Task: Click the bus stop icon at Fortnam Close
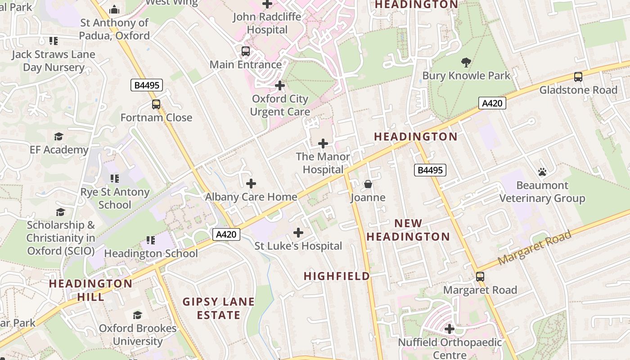coord(156,104)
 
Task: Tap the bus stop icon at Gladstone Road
coord(578,77)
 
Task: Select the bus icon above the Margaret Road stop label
coord(480,277)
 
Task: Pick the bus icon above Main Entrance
coord(246,51)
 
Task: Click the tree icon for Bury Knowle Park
coord(466,63)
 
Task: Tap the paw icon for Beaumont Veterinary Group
coord(542,172)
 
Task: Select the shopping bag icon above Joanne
coord(368,184)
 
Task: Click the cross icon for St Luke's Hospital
coord(298,233)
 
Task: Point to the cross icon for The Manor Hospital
coord(323,144)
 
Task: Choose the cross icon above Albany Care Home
coord(251,184)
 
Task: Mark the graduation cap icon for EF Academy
coord(58,136)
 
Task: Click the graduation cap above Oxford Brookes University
coord(138,315)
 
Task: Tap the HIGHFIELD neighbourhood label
coord(337,276)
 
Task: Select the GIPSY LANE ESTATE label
coord(219,308)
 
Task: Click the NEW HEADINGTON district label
coord(408,230)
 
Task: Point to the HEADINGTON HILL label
coord(90,290)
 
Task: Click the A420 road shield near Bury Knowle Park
coord(492,103)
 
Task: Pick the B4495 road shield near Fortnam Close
coord(146,85)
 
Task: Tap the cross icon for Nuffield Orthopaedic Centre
coord(449,329)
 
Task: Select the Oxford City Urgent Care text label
coord(280,105)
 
